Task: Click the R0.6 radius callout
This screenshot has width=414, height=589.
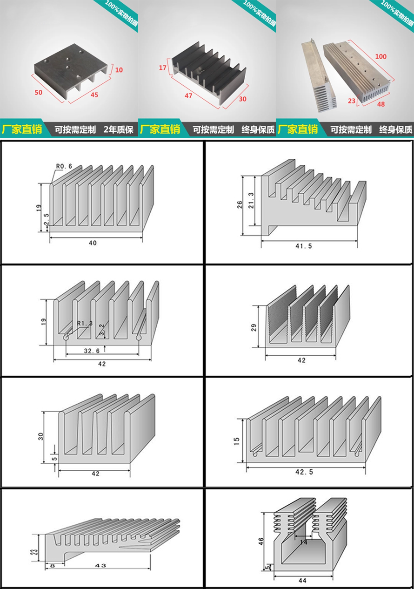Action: coord(64,166)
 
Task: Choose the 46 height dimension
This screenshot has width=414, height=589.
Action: coord(261,541)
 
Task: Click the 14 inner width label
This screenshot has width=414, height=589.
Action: coord(303,542)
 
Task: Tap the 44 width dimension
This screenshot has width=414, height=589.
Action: coord(303,581)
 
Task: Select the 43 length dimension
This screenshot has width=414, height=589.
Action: coord(100,565)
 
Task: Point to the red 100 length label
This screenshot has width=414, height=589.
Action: coord(381,56)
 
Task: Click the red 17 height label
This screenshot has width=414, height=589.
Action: coord(162,68)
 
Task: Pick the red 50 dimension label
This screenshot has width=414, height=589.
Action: coord(39,92)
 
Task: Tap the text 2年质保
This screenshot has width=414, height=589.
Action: coord(118,129)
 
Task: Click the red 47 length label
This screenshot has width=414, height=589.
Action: coord(188,96)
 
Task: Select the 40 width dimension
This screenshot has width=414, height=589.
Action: coord(93,243)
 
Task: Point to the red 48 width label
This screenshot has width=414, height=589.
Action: coord(381,104)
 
